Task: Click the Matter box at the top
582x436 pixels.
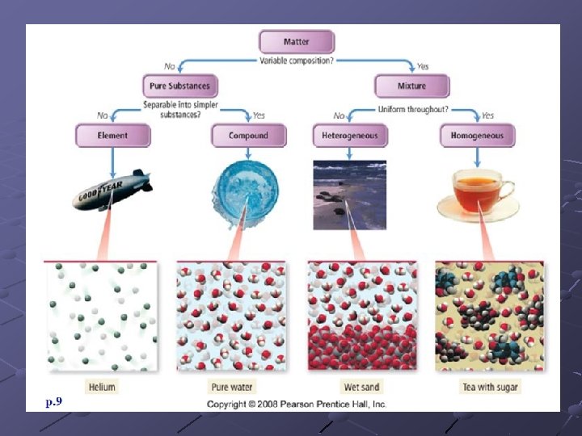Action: point(296,42)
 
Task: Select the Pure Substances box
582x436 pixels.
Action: point(179,86)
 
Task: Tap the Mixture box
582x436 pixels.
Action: point(411,86)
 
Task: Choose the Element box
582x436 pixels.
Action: point(112,135)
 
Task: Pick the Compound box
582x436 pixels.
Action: point(247,135)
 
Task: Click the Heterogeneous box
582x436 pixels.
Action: point(349,135)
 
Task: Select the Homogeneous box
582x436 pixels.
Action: point(477,135)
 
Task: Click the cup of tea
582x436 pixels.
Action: point(479,192)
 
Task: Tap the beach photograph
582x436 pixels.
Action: point(349,195)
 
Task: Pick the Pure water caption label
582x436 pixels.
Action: point(232,387)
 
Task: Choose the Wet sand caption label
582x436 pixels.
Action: point(360,387)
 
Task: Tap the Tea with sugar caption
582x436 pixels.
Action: point(490,387)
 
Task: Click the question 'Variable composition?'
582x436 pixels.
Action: point(296,61)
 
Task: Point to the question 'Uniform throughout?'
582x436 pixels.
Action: point(413,109)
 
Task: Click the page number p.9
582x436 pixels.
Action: point(55,401)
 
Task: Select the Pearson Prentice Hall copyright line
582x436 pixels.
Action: point(296,404)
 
